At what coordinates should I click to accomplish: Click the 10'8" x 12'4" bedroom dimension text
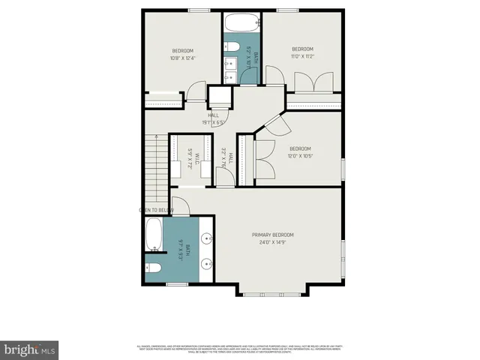183,58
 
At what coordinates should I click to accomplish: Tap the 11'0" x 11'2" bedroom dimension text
302,56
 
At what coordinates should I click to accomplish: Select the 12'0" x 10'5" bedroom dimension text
300,156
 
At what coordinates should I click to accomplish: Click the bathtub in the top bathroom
241,22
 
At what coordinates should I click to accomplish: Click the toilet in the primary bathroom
153,268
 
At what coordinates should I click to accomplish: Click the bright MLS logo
30,349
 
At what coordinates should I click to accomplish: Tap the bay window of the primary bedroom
274,291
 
